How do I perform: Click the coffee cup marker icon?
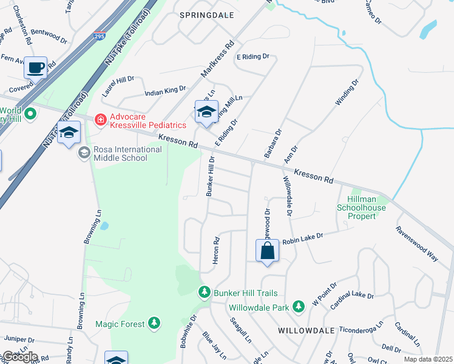36,67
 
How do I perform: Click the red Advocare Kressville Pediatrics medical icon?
100,120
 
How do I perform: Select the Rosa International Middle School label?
120,153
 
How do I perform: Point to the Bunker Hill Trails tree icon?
205,292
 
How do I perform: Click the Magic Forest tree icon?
155,323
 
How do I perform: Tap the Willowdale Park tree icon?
298,307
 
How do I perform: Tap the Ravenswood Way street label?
416,244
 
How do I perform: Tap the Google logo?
19,357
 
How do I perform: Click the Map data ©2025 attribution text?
428,359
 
